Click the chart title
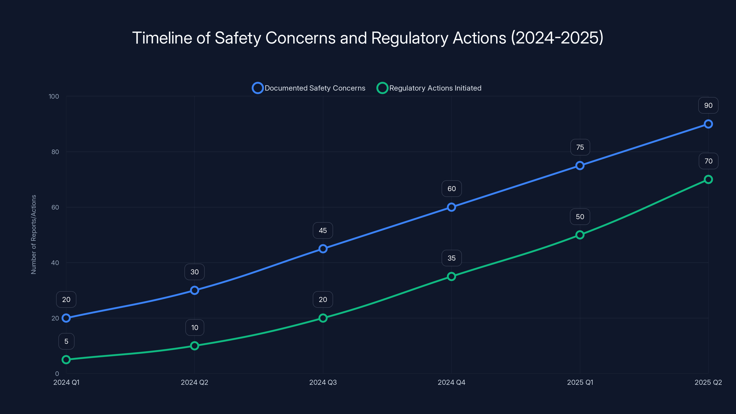coord(368,38)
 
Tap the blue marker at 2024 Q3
coord(323,249)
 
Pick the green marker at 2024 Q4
coord(451,276)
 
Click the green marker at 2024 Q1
coord(66,359)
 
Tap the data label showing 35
coord(451,258)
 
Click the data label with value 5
coord(66,341)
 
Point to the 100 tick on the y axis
coord(54,96)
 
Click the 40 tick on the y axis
coord(55,263)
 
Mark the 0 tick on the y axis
coord(57,374)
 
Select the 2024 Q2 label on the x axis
coord(194,382)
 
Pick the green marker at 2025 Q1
coord(580,235)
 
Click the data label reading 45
coord(323,230)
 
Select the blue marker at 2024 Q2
coord(194,290)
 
